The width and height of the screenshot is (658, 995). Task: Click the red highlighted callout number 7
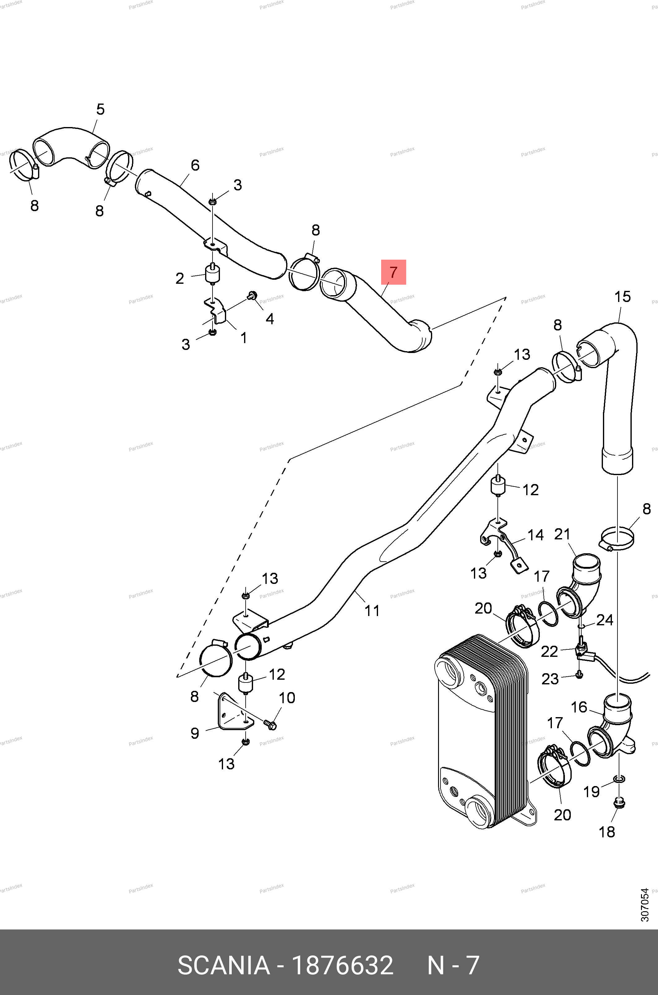point(393,272)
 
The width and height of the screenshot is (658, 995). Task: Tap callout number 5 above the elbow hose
point(100,109)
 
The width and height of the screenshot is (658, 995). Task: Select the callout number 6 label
point(195,165)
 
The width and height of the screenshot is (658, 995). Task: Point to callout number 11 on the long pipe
point(372,610)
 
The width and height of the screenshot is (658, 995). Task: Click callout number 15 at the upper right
point(622,297)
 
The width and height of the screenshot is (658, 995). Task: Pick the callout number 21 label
point(562,534)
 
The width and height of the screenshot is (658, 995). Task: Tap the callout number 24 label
point(605,620)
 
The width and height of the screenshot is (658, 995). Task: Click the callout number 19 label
point(592,792)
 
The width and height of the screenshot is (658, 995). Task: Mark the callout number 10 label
point(287,698)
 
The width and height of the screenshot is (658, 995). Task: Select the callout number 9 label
point(195,733)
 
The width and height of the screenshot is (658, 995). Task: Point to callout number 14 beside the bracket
point(535,535)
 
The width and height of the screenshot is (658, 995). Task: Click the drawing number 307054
point(645,905)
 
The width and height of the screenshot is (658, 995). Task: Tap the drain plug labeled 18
point(618,803)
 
